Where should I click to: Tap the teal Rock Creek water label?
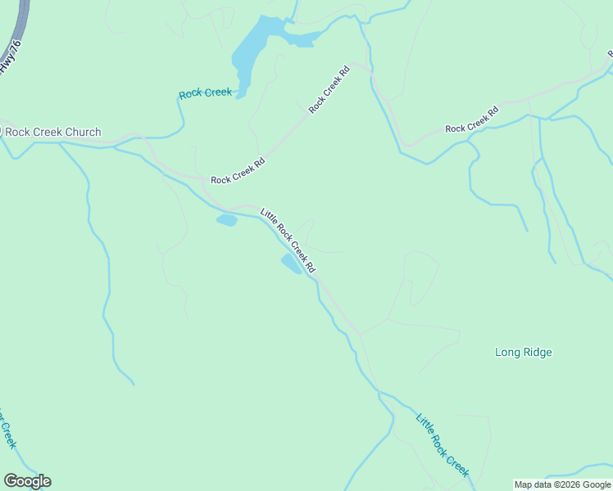(x=206, y=93)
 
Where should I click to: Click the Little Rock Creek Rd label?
(x=288, y=241)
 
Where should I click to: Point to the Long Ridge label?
(x=524, y=353)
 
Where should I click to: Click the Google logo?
(x=28, y=481)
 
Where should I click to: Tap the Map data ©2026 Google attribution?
(x=562, y=484)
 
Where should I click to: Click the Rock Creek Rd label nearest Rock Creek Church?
(x=238, y=169)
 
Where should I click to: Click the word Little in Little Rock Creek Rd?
(x=268, y=218)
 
